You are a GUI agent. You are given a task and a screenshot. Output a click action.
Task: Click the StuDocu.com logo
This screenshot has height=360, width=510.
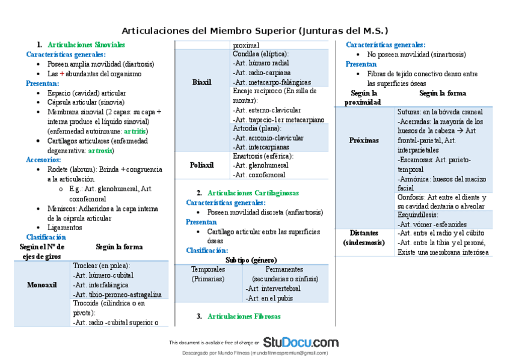(x=300, y=342)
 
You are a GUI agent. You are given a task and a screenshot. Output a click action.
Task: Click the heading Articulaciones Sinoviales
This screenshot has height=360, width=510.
(x=86, y=45)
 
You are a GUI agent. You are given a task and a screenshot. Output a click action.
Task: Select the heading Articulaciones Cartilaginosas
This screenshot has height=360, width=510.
(x=253, y=193)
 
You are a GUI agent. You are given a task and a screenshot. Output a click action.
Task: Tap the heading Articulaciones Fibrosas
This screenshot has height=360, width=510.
(x=244, y=316)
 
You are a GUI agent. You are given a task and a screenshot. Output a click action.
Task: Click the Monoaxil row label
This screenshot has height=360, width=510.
(x=42, y=285)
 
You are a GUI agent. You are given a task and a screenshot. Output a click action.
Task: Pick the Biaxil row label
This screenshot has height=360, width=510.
(x=202, y=82)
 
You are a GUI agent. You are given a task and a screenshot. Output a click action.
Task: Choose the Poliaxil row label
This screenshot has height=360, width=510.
(x=202, y=165)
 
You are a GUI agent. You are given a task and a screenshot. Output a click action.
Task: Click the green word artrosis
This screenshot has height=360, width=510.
(x=100, y=150)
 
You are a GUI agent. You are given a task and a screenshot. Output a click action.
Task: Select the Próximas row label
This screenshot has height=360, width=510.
(x=364, y=140)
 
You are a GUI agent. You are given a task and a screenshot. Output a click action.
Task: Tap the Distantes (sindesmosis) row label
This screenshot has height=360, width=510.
(x=364, y=238)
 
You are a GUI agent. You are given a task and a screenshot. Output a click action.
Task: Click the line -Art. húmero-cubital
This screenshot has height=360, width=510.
(x=103, y=275)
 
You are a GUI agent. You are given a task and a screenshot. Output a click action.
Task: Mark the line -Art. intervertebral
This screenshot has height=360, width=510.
(x=274, y=288)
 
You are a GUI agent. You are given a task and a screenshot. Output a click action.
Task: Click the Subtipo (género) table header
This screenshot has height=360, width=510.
(x=251, y=260)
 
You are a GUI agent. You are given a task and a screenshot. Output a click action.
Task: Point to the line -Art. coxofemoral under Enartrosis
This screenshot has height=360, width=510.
(x=259, y=175)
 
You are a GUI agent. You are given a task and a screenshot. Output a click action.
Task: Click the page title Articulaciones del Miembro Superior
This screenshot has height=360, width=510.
(x=255, y=31)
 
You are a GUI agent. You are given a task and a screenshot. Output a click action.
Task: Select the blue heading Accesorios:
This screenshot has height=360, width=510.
(x=43, y=160)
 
